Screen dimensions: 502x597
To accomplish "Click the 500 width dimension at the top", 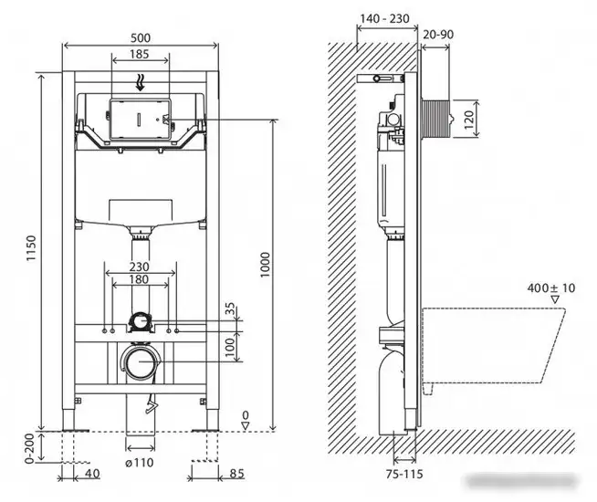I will pos(140,37).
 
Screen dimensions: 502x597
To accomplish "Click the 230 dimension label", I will pos(140,267).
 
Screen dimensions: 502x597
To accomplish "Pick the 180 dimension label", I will pos(140,279).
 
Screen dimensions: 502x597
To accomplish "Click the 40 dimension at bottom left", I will pos(91,474).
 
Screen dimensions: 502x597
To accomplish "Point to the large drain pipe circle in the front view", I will pos(140,363).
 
